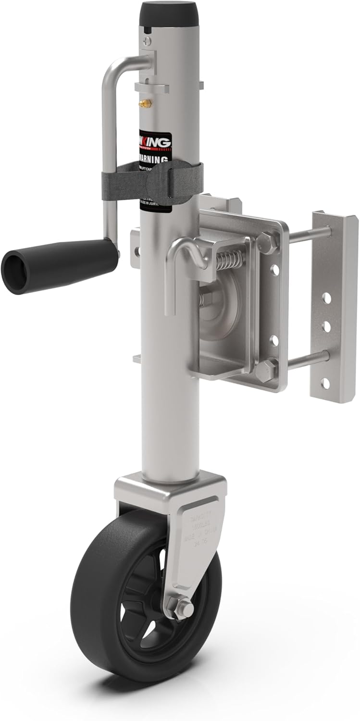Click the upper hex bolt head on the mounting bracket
tap(267, 242)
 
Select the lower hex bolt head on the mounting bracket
tap(265, 370)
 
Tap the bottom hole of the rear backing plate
tap(326, 383)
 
